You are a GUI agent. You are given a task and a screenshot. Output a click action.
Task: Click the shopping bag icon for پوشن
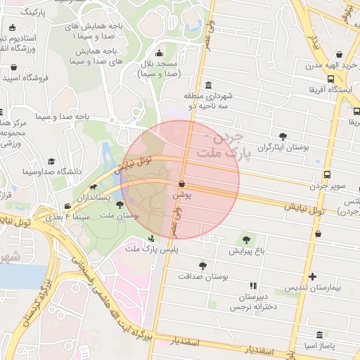181,184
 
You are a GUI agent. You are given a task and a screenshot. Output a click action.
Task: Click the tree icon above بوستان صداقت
202,266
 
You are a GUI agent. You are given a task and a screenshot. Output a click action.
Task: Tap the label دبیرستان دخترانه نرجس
254,302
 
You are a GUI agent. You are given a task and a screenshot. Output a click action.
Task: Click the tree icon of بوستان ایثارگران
283,136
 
